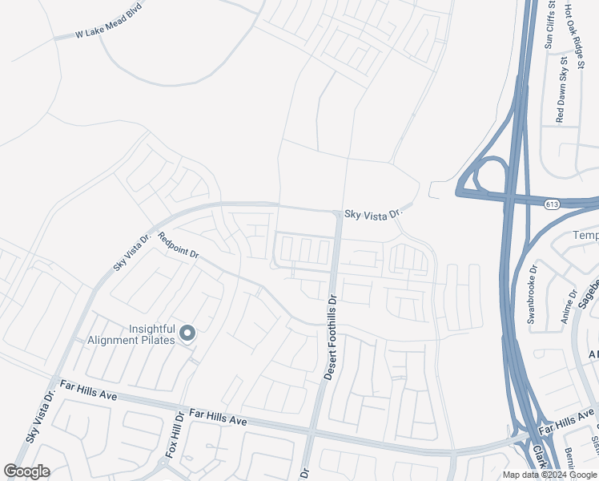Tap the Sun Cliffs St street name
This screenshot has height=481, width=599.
coord(549,26)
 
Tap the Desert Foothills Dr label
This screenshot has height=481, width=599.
coord(331,336)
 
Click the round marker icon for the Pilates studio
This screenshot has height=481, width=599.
coord(187,333)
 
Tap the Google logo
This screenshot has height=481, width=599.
coord(26,471)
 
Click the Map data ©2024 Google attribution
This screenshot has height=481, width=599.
coord(549,475)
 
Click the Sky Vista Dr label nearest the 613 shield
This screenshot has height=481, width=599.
coord(372,214)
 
